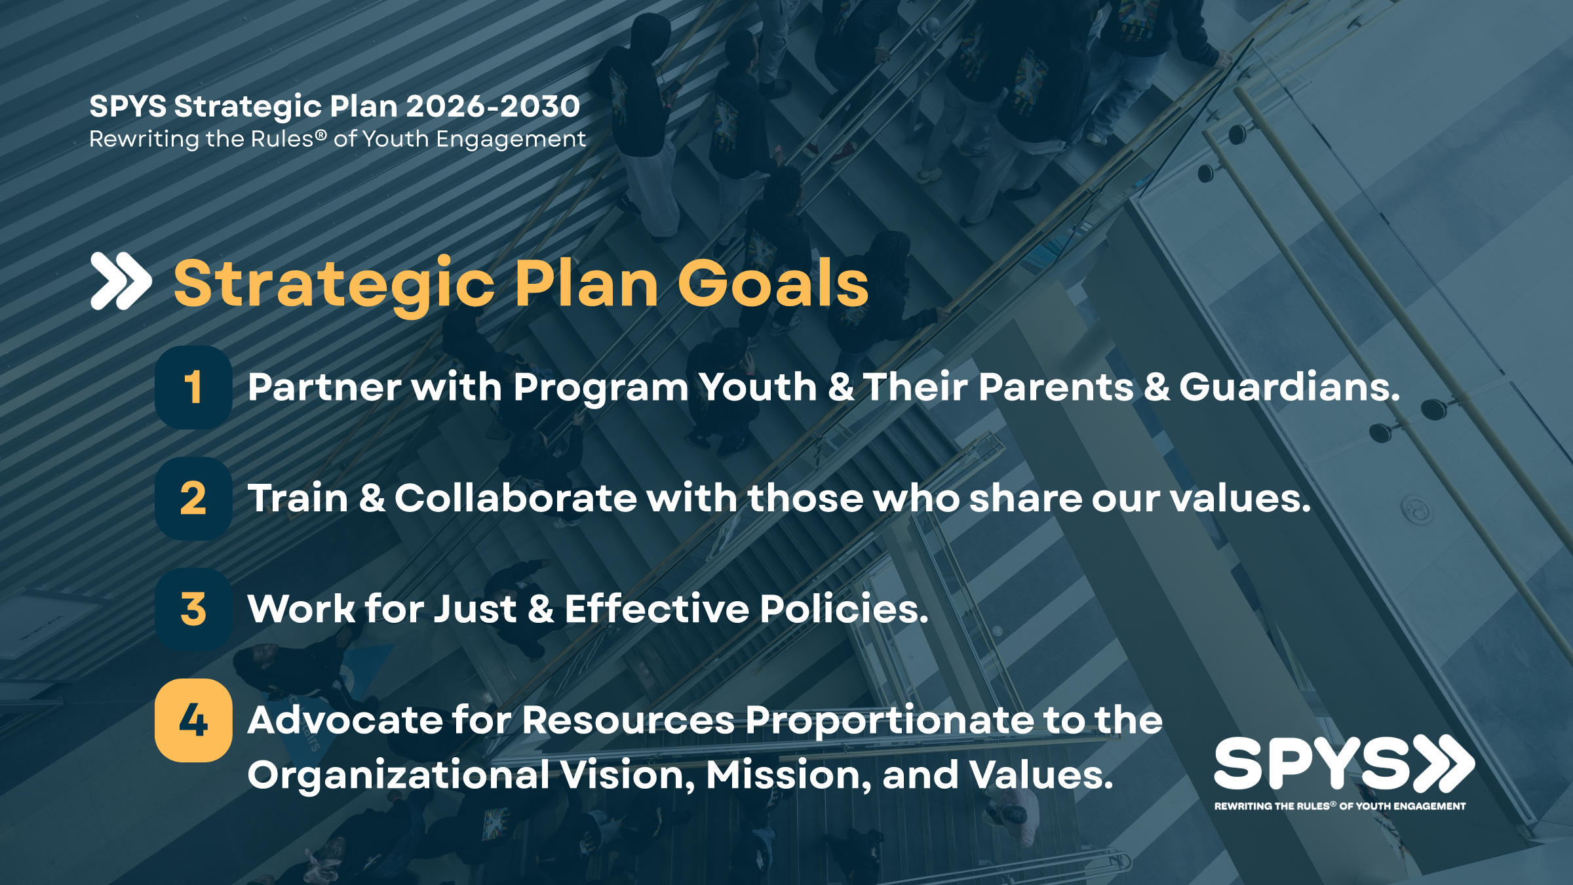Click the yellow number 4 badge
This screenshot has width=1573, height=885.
[193, 720]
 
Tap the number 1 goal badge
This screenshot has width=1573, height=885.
[193, 387]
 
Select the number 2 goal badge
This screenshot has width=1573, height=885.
[193, 498]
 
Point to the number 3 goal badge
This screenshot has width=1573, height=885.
[193, 609]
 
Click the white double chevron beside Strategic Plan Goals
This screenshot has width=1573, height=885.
[121, 281]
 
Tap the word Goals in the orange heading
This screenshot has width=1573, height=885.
[773, 283]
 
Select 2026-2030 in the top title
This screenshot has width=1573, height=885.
[493, 106]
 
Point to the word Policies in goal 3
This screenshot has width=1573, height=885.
[844, 608]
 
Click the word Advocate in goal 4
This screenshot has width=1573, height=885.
[345, 720]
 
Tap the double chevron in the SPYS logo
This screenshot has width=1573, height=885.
[1444, 763]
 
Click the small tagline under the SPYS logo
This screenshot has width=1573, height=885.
[1340, 806]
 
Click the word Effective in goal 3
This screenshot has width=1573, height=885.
[657, 608]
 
